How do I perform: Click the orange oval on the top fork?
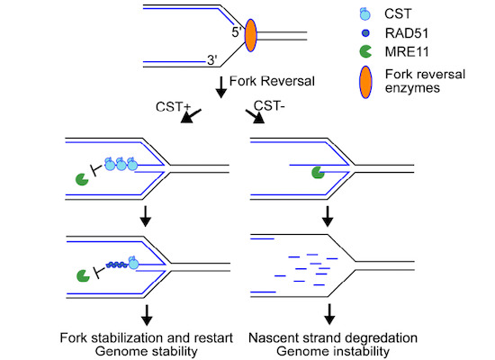[x=251, y=35]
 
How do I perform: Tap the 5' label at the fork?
[x=237, y=32]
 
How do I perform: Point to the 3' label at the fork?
[x=212, y=60]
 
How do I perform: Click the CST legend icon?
[x=364, y=13]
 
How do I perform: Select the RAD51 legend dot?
[x=365, y=32]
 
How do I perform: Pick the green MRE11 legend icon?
[x=365, y=51]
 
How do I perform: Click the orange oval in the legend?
[x=366, y=82]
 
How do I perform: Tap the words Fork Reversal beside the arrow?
[x=272, y=81]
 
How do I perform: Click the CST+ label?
[x=173, y=107]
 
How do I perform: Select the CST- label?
[x=269, y=106]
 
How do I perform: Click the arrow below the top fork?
[x=221, y=86]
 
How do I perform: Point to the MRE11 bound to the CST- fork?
[x=318, y=173]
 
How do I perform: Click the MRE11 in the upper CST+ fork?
[x=82, y=179]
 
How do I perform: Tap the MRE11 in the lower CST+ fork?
[x=84, y=275]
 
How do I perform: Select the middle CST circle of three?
[x=121, y=164]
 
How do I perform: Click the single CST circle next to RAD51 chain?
[x=133, y=263]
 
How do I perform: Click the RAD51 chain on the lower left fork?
[x=117, y=265]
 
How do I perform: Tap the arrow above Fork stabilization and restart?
[x=147, y=315]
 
